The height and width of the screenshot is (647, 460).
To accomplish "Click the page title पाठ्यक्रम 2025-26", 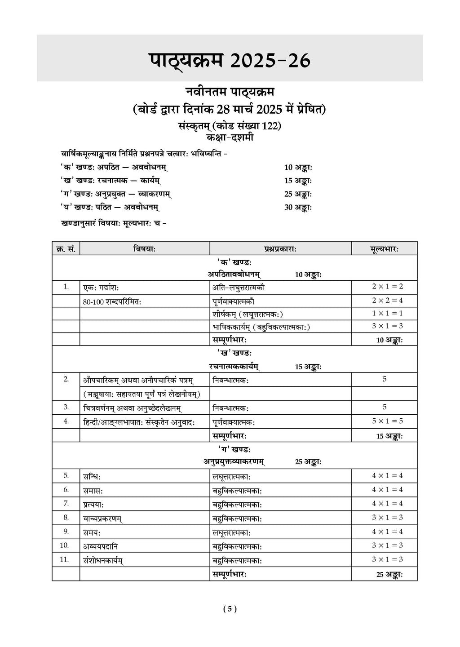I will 230,60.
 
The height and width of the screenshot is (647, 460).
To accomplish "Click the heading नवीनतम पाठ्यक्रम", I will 230,92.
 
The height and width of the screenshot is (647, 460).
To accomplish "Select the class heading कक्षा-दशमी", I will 230,138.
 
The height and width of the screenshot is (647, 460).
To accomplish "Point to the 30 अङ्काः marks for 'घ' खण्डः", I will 298,207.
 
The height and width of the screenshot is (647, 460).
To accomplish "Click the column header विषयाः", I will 144,248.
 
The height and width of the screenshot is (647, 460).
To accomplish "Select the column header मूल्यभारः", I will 385,248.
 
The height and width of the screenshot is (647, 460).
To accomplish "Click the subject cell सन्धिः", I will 92,476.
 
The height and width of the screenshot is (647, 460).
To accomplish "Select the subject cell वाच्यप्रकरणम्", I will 103,518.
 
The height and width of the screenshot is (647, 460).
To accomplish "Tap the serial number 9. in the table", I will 66,532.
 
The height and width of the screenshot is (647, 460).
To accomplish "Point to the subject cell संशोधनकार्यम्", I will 103,560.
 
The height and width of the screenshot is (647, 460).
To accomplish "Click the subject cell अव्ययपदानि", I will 101,546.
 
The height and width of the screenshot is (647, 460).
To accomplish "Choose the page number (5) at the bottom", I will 230,609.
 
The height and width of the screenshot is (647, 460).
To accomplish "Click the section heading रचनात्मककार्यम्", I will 234,367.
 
